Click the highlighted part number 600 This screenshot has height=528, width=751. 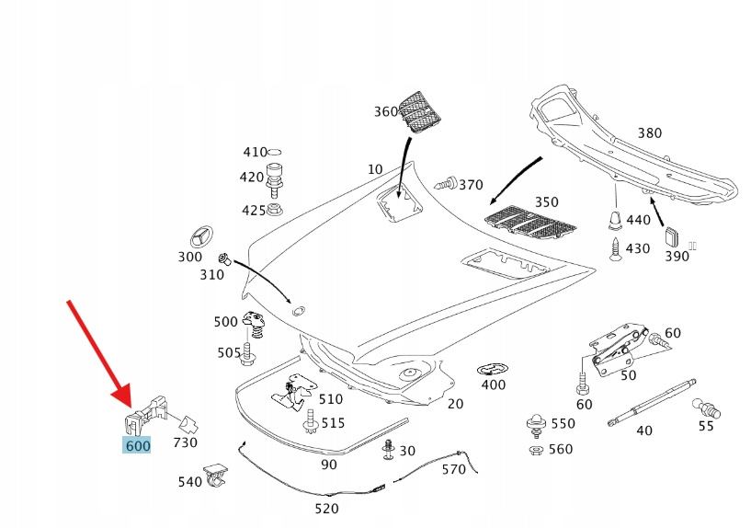(x=136, y=446)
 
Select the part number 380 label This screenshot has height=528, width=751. (x=649, y=133)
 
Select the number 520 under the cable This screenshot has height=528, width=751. (x=326, y=508)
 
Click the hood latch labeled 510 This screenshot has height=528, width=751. (x=294, y=393)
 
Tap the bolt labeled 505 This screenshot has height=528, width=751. (x=245, y=351)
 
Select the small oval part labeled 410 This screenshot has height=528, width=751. (x=277, y=152)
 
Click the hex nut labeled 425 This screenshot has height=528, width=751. (x=274, y=211)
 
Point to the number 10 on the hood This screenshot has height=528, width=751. (x=374, y=169)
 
